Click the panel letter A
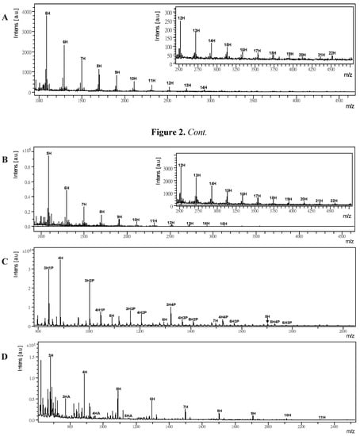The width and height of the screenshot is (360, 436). click(x=6, y=10)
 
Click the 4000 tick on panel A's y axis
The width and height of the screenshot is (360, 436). click(x=29, y=13)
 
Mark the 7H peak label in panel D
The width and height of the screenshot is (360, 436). click(x=186, y=407)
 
